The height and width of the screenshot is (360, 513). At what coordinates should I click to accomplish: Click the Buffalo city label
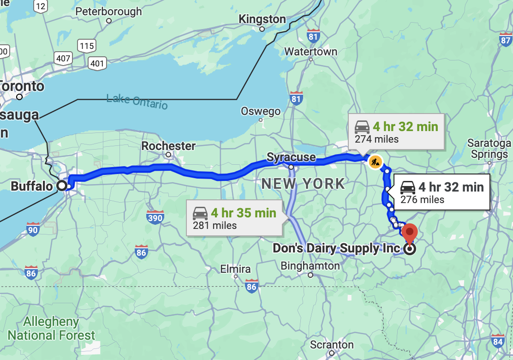coord(31,186)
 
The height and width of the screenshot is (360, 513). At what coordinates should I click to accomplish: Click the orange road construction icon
coord(375,161)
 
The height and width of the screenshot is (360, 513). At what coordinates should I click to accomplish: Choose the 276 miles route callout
coord(441,192)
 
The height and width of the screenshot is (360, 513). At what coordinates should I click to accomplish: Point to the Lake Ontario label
coord(137,101)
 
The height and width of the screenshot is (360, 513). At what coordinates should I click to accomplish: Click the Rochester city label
coord(168,146)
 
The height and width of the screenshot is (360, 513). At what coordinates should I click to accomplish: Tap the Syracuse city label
coord(291,157)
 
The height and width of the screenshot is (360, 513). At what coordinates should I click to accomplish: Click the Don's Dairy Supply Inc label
coord(336,248)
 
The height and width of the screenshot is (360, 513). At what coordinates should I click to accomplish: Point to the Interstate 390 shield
coord(155,217)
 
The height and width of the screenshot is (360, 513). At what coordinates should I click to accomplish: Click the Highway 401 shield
coord(97,63)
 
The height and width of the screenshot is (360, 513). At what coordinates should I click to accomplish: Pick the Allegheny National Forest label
coord(51,328)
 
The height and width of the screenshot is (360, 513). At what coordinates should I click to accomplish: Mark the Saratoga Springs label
coord(489,148)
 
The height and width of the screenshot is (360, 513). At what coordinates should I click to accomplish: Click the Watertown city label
coord(310,52)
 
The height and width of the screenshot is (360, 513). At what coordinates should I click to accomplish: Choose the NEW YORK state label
coord(303,184)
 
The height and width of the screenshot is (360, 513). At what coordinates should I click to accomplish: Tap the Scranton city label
coord(332,345)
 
